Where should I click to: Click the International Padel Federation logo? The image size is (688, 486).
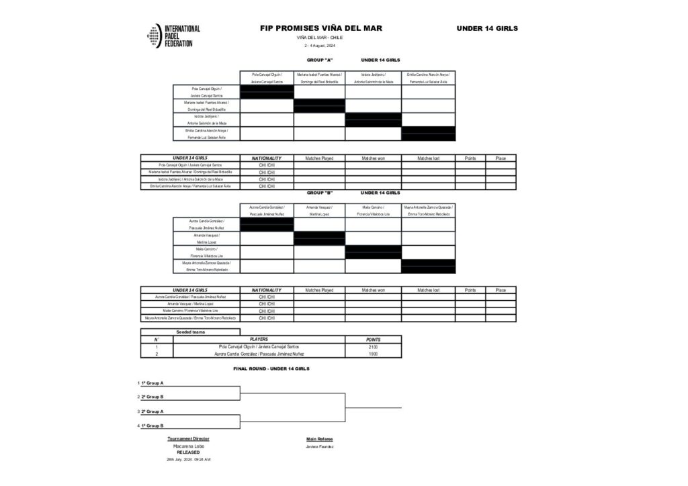(173, 36)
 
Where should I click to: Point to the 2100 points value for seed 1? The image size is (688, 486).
(373, 346)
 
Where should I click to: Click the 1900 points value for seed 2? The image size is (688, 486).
(373, 353)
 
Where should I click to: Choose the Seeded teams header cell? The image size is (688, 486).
(190, 332)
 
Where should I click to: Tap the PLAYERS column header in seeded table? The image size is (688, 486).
(259, 339)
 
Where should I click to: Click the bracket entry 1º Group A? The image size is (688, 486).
(152, 383)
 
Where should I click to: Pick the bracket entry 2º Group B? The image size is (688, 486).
(152, 397)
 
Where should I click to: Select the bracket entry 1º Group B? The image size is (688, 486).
(152, 426)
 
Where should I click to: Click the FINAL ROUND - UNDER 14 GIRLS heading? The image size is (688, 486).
(271, 369)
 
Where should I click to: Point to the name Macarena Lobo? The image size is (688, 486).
(188, 446)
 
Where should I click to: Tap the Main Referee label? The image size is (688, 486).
(319, 439)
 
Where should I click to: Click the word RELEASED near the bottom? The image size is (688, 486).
(188, 452)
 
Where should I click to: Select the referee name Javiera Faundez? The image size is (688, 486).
(320, 446)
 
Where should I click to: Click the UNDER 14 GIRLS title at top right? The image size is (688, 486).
(487, 28)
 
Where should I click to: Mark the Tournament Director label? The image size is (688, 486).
(188, 439)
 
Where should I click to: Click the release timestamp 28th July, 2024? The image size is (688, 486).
(188, 459)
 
